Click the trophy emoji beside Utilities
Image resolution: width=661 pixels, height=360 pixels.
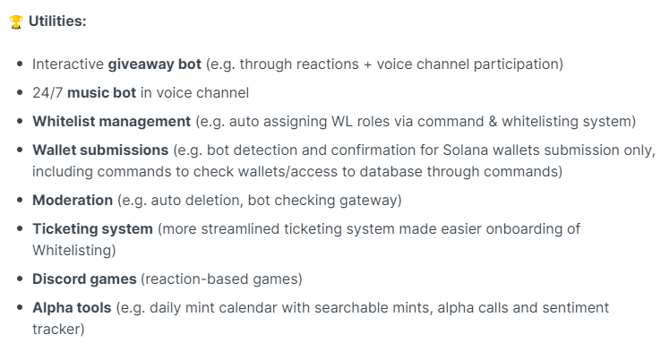[15, 21]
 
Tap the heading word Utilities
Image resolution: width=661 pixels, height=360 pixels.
[57, 21]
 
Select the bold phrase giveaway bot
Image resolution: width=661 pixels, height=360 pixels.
[155, 64]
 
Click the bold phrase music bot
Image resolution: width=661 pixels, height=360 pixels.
[101, 93]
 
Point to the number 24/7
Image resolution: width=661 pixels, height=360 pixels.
[47, 93]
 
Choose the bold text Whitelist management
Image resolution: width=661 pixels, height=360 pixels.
[112, 122]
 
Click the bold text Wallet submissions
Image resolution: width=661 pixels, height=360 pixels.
[100, 150]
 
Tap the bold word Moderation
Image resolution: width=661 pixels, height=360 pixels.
[73, 201]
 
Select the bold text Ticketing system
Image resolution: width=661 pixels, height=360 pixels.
[93, 229]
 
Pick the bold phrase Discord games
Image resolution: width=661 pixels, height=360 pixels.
[84, 279]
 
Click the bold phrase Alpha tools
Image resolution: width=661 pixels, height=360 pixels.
[72, 308]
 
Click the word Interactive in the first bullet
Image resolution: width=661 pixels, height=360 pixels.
[68, 64]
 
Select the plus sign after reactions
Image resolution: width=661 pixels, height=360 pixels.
[367, 64]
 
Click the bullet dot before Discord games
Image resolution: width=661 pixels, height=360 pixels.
[20, 279]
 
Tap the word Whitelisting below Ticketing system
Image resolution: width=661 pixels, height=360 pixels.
[72, 251]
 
